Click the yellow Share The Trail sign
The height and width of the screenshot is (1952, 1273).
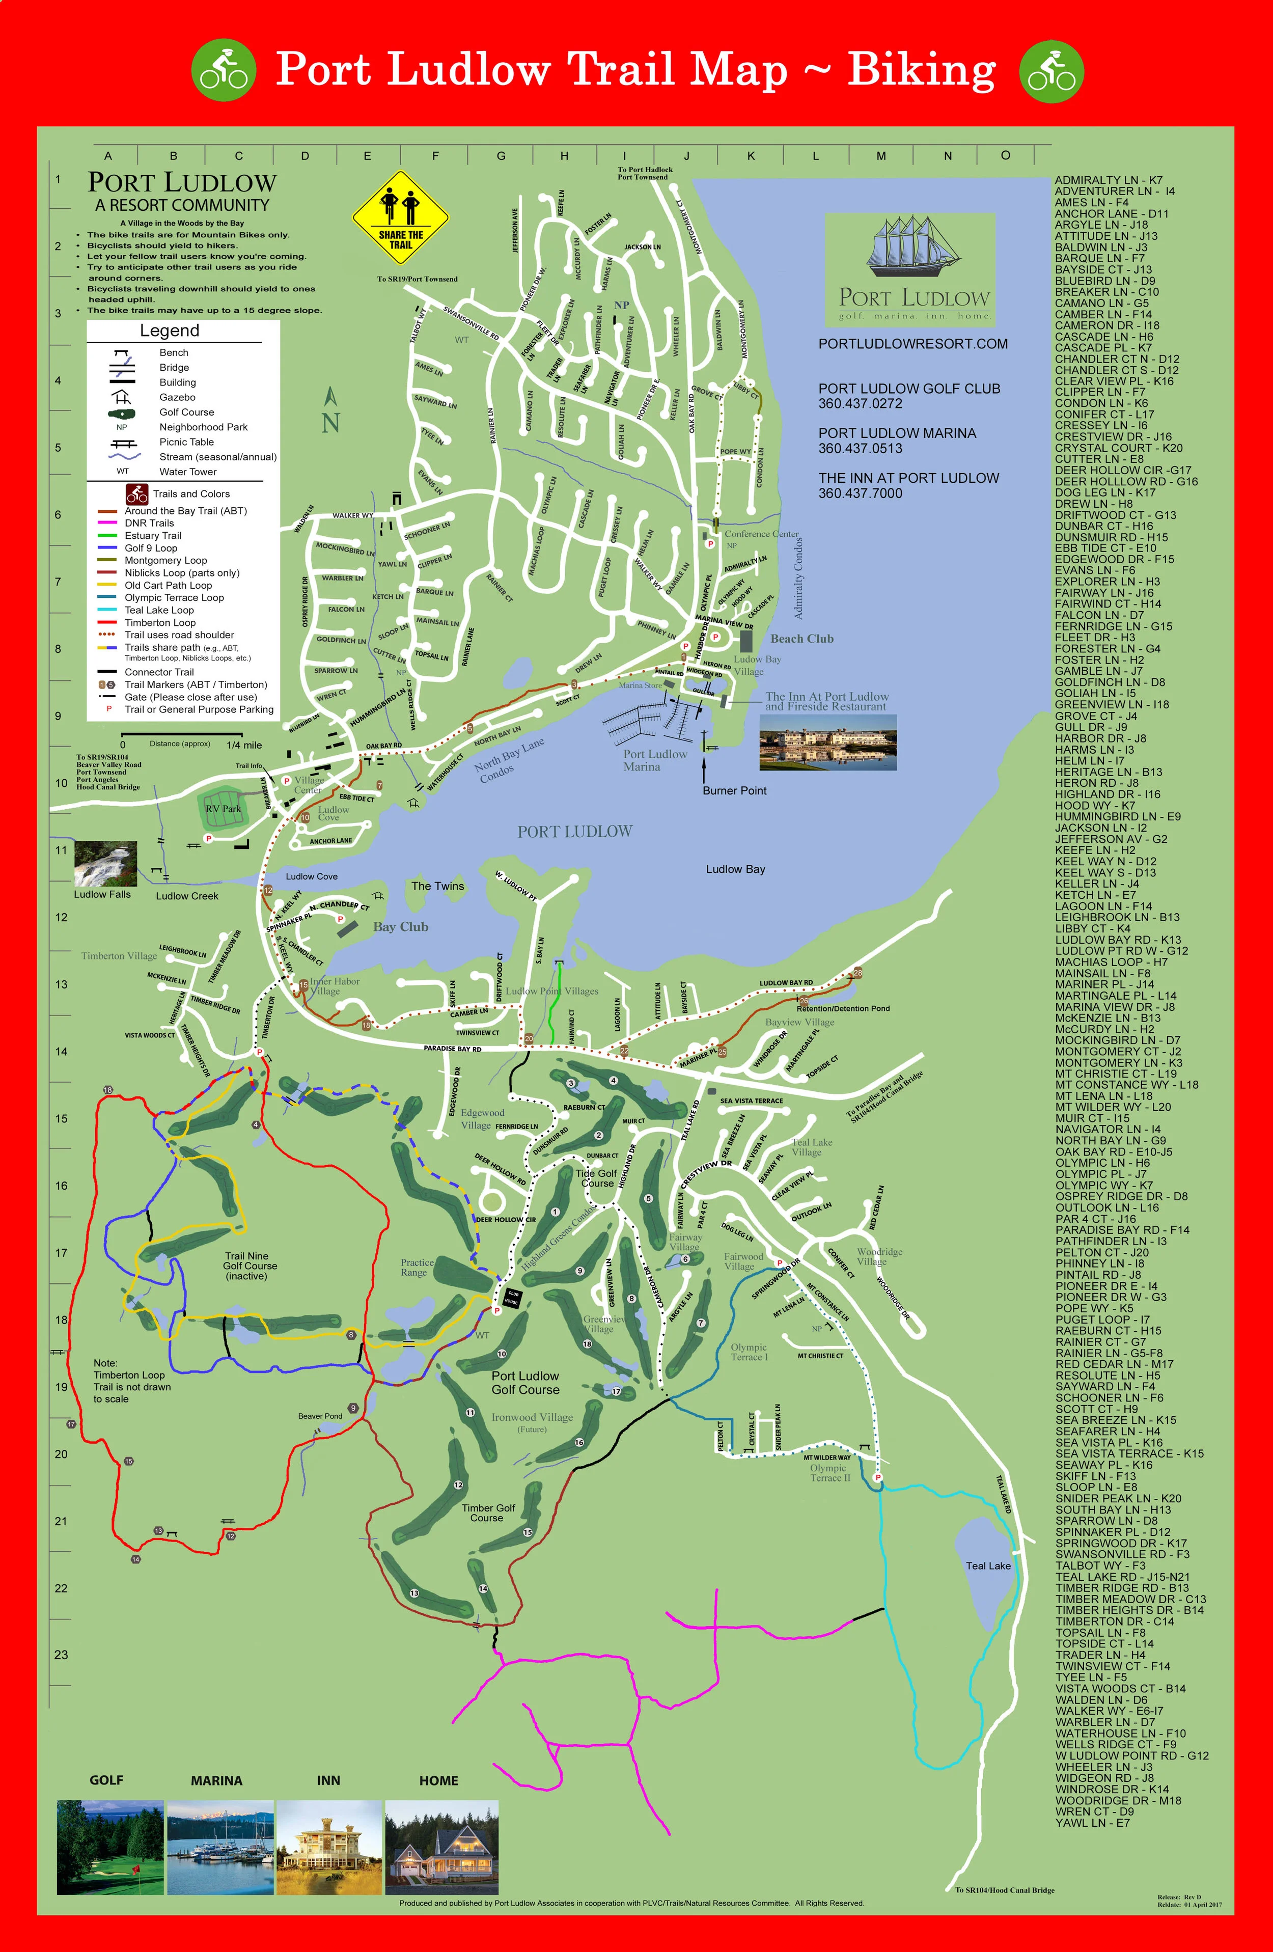(x=401, y=217)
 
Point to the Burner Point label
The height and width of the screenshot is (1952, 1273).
(x=734, y=791)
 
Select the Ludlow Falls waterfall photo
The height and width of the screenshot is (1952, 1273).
(x=105, y=864)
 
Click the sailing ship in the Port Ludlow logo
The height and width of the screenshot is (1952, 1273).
(x=909, y=245)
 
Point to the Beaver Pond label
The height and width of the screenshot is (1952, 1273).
(x=320, y=1416)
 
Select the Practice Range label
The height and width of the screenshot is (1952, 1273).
(x=417, y=1267)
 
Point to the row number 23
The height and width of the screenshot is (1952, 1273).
(x=61, y=1654)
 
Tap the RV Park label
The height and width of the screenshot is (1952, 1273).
(x=223, y=809)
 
